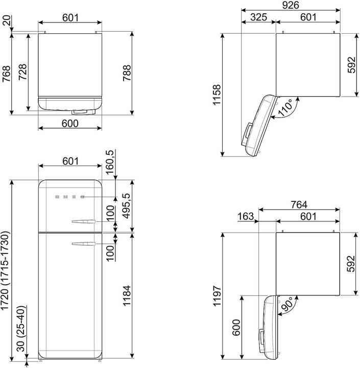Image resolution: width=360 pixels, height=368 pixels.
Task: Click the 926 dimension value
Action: [x=290, y=5]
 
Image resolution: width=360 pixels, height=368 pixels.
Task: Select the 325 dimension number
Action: [x=258, y=17]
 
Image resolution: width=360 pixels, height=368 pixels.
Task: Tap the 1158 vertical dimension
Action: [x=217, y=95]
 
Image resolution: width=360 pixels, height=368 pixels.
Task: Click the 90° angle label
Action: [x=286, y=305]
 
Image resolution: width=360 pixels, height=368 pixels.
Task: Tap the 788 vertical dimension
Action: [x=128, y=74]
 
